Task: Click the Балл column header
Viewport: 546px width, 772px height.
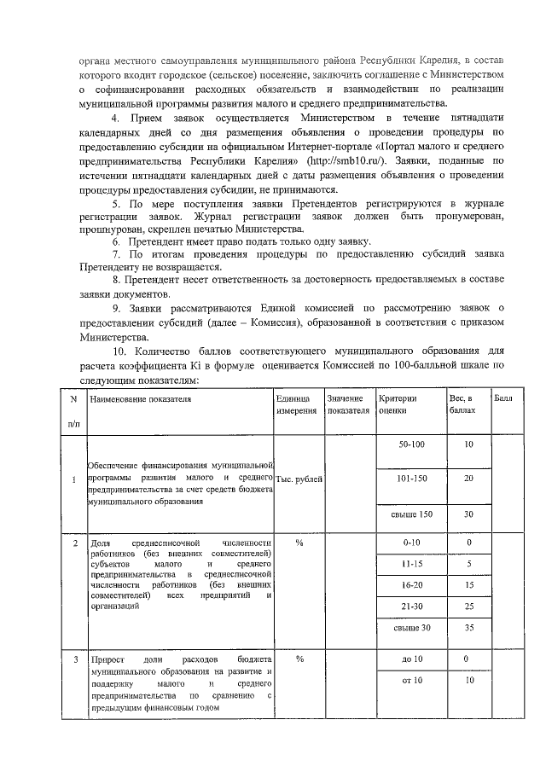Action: coord(502,399)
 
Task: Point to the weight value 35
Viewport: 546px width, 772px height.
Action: coord(468,628)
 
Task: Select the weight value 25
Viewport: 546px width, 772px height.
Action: coord(468,605)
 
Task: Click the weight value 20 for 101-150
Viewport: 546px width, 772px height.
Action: coord(468,479)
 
